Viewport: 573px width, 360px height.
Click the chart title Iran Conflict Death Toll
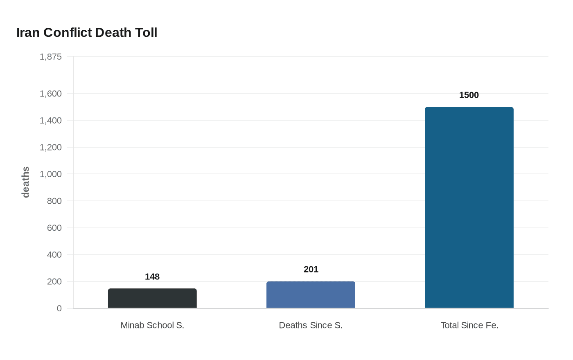(x=87, y=33)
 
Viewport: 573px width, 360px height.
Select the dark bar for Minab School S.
(x=152, y=299)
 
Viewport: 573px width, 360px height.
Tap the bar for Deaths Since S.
(x=311, y=295)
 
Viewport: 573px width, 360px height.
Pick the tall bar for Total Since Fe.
(x=469, y=208)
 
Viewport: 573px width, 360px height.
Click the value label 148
(x=152, y=277)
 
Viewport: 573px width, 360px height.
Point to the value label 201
(x=311, y=270)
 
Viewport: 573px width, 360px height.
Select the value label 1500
(x=469, y=95)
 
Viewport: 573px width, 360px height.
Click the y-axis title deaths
(x=26, y=182)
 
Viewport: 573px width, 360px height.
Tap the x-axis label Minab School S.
(x=152, y=325)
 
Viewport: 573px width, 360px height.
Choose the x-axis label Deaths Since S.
(x=311, y=325)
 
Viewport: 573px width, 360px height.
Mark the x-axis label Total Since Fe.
(x=469, y=325)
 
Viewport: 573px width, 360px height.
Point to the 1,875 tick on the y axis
(x=51, y=57)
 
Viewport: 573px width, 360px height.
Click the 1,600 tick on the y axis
(x=51, y=94)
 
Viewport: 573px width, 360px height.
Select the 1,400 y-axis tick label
(x=51, y=121)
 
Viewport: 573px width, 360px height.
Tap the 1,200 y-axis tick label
(x=51, y=147)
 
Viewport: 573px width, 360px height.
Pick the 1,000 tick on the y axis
(x=51, y=174)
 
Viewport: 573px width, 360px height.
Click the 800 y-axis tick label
(x=54, y=201)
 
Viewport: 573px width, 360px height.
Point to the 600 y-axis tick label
(x=54, y=228)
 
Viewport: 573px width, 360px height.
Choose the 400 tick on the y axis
(x=54, y=255)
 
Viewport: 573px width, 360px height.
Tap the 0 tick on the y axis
(x=59, y=308)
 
